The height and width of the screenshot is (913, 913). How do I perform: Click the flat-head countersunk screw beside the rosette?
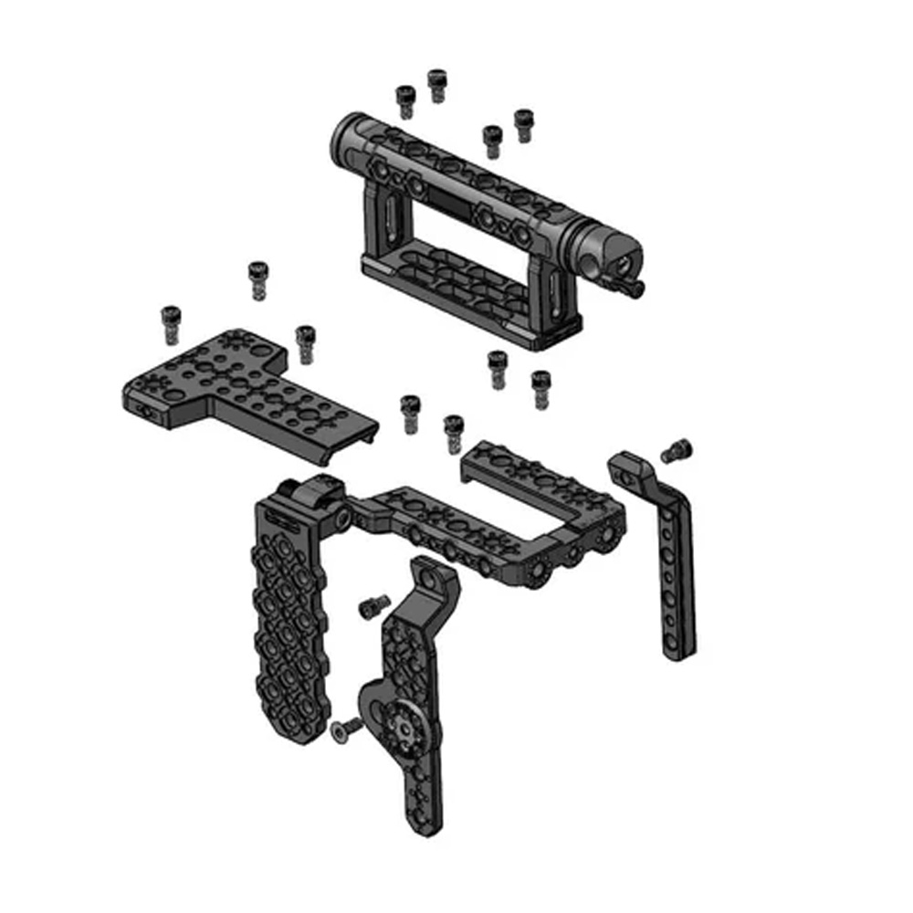(x=345, y=728)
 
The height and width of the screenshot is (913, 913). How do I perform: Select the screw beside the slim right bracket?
(x=677, y=449)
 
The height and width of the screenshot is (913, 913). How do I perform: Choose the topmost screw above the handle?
(x=437, y=84)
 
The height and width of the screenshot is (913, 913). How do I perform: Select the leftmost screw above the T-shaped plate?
(x=170, y=324)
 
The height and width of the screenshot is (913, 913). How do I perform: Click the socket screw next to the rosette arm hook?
(x=373, y=606)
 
